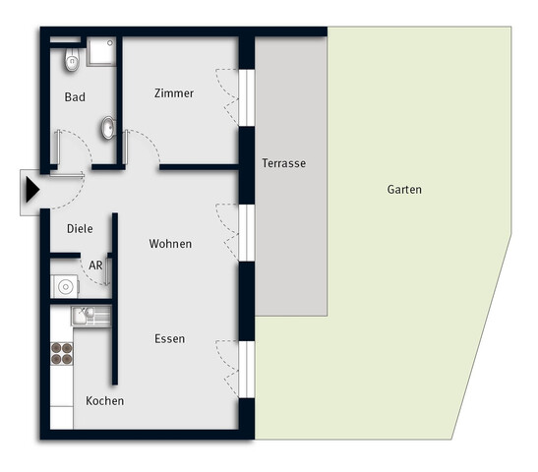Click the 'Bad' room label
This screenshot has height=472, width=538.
[x=75, y=97]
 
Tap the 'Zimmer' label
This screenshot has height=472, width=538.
[x=174, y=93]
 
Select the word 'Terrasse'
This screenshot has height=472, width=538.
[x=283, y=164]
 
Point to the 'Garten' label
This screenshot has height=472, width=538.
[x=403, y=190]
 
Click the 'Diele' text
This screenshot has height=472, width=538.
[x=80, y=228]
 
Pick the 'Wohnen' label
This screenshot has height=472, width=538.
[x=170, y=243]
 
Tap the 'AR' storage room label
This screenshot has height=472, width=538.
[x=96, y=265]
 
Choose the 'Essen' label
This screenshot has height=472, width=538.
[x=169, y=338]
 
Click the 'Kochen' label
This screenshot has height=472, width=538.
[x=105, y=401]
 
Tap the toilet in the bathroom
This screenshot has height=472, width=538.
[x=70, y=62]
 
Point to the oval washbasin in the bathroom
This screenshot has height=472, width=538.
[x=107, y=127]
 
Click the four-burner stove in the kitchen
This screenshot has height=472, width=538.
[x=62, y=353]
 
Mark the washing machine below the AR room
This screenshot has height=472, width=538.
[x=65, y=287]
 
